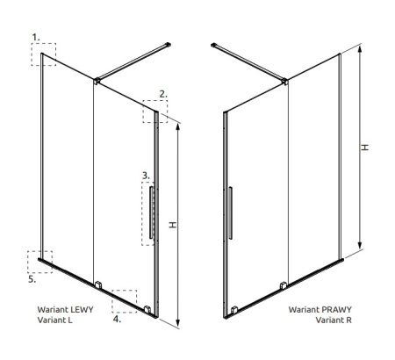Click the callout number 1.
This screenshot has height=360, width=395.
click(x=36, y=38)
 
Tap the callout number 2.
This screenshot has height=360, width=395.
click(x=163, y=94)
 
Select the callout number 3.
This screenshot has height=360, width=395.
click(x=146, y=176)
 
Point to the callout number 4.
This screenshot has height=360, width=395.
click(x=117, y=319)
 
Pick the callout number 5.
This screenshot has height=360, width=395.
click(x=32, y=279)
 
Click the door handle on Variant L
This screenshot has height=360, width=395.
click(x=151, y=212)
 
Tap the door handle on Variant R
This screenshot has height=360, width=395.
click(x=230, y=212)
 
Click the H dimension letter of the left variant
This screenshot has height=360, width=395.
click(x=173, y=225)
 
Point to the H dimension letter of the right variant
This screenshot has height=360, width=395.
click(x=364, y=148)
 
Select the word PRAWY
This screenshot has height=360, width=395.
click(x=336, y=309)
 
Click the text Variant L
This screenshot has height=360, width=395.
click(x=54, y=320)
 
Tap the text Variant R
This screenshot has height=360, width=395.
click(x=334, y=320)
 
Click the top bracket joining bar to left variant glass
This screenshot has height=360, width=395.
click(x=97, y=81)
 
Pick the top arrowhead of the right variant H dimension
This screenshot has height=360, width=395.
click(x=360, y=49)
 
